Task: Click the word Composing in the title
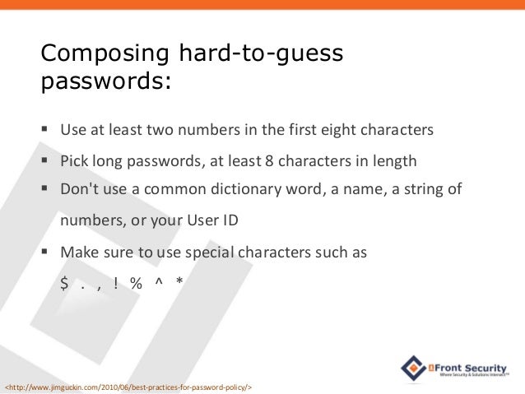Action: click(x=106, y=56)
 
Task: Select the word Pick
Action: click(x=75, y=160)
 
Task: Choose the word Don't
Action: click(x=80, y=190)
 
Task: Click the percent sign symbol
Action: click(x=135, y=284)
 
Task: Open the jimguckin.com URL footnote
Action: click(x=128, y=386)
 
